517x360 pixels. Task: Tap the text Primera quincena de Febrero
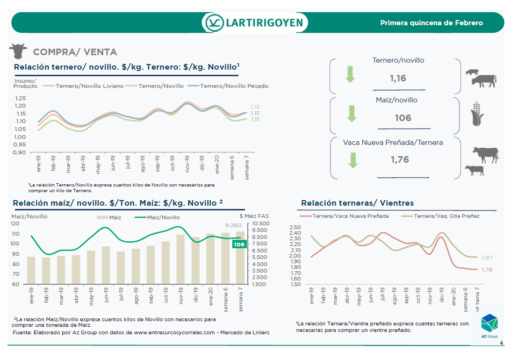pos(431,22)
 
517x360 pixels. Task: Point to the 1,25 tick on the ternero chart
pos(20,98)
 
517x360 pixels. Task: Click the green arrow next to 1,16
pos(351,74)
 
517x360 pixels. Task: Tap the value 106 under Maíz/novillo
pos(403,118)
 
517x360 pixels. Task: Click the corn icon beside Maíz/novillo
pos(478,113)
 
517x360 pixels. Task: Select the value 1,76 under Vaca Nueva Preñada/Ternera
pos(400,159)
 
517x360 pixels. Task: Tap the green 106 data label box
pos(239,245)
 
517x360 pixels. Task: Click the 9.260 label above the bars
pos(233,225)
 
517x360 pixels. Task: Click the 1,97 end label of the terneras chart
pos(487,258)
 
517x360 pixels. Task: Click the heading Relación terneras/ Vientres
pos(357,203)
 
